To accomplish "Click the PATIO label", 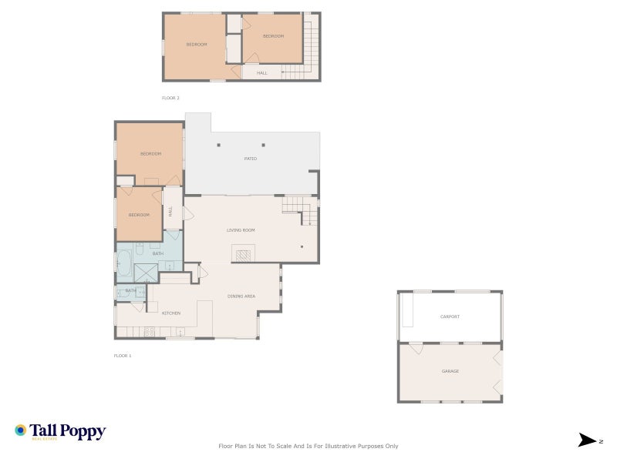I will pos(251,159).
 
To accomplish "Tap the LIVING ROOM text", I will pos(241,230).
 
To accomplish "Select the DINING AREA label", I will pos(241,296).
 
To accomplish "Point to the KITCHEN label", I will pos(171,313).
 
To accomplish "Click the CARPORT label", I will pos(450,316).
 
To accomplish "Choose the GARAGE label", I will pos(450,371).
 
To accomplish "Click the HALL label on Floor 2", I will pos(261,73).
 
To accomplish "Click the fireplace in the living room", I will pos(244,255).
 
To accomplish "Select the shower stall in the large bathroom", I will pos(146,273).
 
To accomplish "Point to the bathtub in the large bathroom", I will pos(123,263).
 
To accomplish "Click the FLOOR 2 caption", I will pos(170,99).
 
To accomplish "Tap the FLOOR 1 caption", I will pos(123,356).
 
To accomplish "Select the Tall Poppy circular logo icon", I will pos(21,430).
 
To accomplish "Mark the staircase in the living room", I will pos(300,209).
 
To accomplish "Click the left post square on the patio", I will pos(219,145).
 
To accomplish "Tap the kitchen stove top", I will pos(150,332).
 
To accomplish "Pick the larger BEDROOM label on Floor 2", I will pos(197,45).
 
